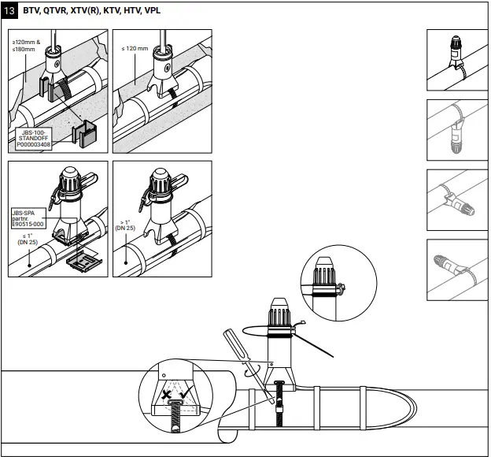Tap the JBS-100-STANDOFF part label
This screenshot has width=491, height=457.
tap(35, 139)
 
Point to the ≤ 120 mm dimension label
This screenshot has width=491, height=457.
tap(135, 49)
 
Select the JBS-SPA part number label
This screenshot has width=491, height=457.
tap(28, 218)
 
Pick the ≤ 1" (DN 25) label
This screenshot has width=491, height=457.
tap(28, 240)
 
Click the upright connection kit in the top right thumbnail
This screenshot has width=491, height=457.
tap(456, 47)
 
